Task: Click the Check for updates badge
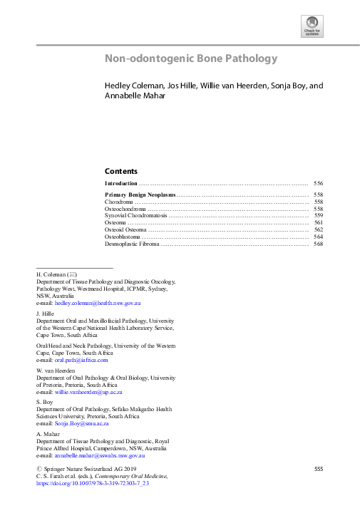pos(312,27)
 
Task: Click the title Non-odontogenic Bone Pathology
pos(191,59)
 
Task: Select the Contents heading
pos(121,171)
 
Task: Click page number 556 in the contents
pos(318,183)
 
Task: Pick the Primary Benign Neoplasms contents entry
pos(140,195)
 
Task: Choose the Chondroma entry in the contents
pos(119,202)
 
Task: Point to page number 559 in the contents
pos(318,215)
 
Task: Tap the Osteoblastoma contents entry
pos(124,237)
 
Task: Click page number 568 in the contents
pos(318,244)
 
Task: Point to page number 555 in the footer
pos(319,468)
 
